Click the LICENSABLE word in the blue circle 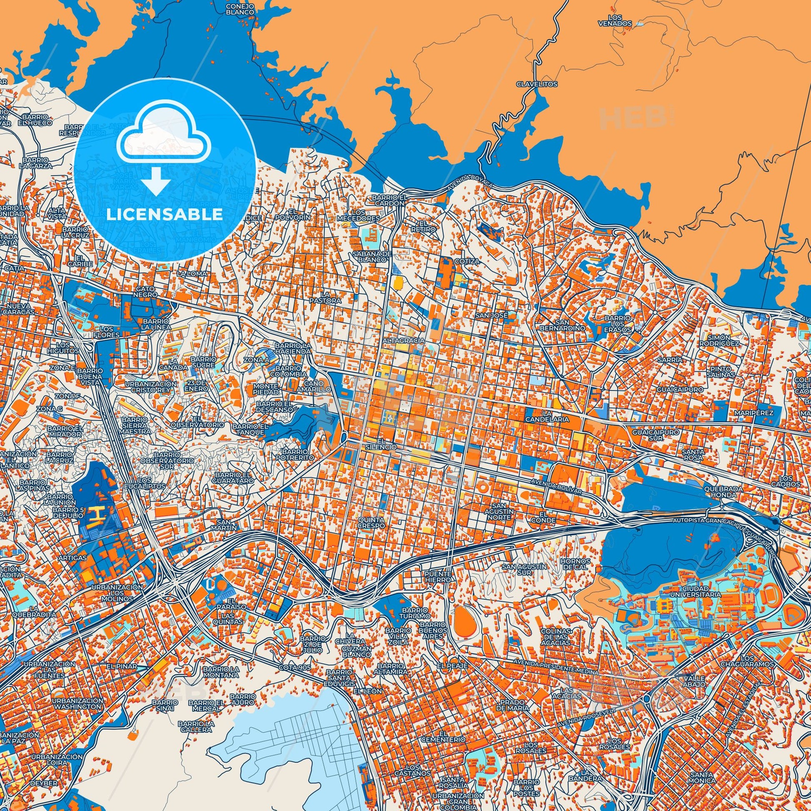click(x=165, y=215)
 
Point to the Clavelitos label click(x=537, y=84)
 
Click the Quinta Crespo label click(x=370, y=522)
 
